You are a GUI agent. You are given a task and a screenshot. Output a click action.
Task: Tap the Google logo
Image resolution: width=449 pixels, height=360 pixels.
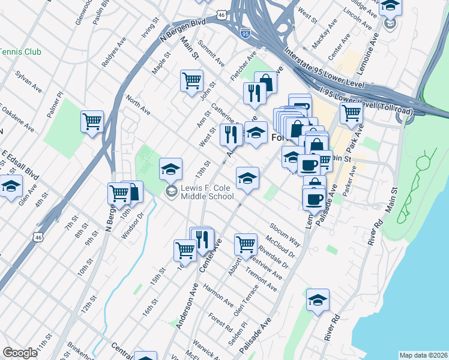coord(20,353)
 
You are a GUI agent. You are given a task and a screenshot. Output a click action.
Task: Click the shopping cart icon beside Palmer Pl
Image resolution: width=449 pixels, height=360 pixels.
coord(92,121)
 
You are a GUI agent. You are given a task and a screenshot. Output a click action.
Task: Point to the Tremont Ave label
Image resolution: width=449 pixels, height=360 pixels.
coord(265,280)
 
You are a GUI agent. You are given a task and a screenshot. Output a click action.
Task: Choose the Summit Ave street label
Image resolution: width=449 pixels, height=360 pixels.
coord(212,55)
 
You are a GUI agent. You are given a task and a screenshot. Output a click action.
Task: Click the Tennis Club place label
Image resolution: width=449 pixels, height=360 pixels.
coord(20,52)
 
